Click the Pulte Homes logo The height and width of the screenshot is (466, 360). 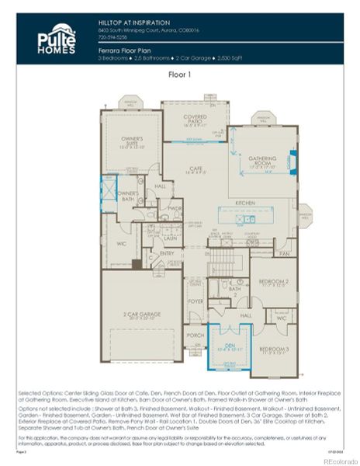56,38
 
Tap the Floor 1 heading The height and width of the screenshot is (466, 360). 180,75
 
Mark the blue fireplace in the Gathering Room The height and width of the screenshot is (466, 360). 290,161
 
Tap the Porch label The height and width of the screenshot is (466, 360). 196,336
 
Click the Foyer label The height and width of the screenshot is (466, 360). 196,301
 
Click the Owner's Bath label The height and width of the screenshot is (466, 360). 127,195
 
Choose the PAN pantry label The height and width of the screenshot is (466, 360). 284,253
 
